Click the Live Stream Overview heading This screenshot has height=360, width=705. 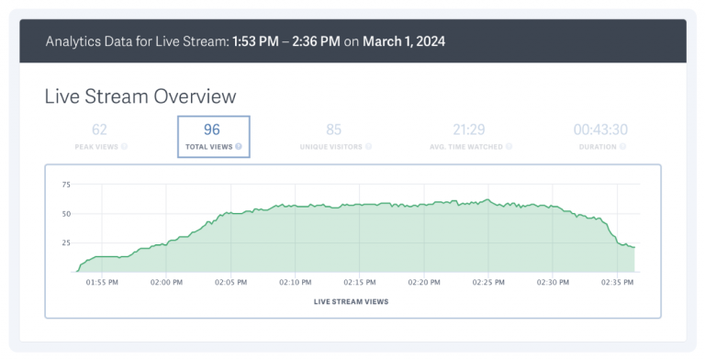click(140, 96)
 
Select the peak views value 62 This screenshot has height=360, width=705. click(99, 130)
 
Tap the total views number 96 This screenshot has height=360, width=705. click(212, 130)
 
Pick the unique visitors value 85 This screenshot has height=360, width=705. click(333, 130)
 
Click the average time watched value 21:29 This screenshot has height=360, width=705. click(468, 130)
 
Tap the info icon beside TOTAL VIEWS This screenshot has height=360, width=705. click(239, 146)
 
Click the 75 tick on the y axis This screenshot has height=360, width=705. click(65, 185)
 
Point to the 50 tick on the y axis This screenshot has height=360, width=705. click(65, 214)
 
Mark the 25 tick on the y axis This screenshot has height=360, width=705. click(65, 242)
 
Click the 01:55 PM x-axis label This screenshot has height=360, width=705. click(101, 282)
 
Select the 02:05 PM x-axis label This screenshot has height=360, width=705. click(230, 282)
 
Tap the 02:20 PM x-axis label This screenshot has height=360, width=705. click(424, 282)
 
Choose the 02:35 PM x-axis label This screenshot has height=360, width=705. click(617, 282)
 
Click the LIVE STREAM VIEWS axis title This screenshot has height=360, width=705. click(352, 300)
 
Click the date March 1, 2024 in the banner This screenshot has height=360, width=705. click(404, 42)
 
